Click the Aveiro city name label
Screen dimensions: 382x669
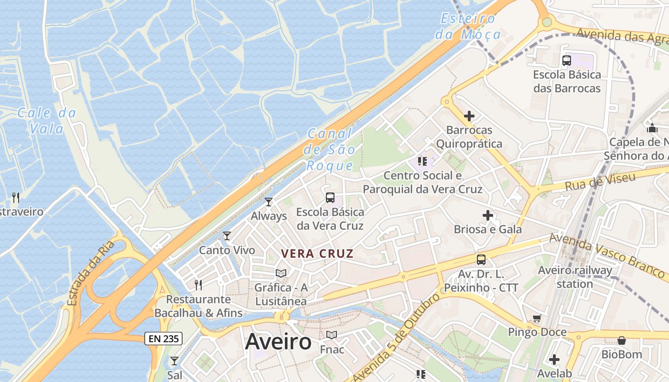tap(278, 342)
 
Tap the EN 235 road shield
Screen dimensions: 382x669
tap(163, 339)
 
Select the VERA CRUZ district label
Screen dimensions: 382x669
tap(317, 254)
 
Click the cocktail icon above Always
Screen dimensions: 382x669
tap(269, 202)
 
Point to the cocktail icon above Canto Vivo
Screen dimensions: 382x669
tap(227, 236)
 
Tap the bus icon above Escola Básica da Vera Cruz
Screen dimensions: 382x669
tap(330, 198)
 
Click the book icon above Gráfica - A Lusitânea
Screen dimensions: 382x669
tap(281, 274)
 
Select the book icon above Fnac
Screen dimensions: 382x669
tap(332, 335)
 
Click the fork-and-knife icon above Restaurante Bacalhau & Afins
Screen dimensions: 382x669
tap(198, 285)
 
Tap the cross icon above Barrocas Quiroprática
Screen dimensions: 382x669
tap(469, 116)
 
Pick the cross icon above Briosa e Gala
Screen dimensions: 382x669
tap(487, 215)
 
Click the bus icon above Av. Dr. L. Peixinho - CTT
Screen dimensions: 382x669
tap(481, 260)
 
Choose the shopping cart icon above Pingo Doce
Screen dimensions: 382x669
tap(537, 318)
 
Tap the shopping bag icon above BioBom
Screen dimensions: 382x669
tap(622, 340)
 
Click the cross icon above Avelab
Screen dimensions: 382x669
tap(554, 359)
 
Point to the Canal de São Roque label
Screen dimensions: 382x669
tap(330, 149)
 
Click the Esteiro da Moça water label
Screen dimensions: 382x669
tap(468, 27)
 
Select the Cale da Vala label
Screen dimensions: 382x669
tap(46, 121)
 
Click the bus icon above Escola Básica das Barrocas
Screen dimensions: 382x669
tap(567, 61)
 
